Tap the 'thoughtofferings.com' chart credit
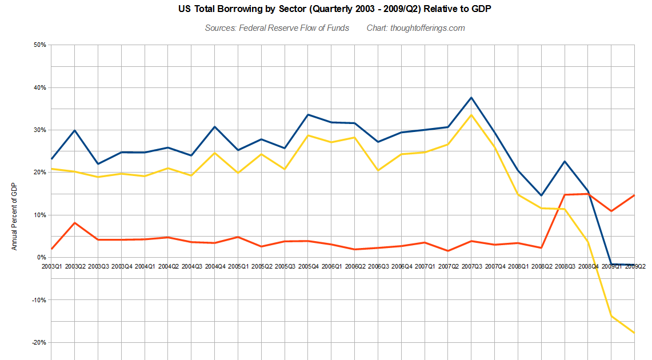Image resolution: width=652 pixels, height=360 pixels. pyautogui.click(x=427, y=28)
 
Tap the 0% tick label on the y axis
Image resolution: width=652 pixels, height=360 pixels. pyautogui.click(x=41, y=257)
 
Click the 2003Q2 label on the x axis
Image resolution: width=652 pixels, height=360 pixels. pyautogui.click(x=75, y=266)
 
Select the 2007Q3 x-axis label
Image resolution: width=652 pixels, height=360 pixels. pyautogui.click(x=471, y=266)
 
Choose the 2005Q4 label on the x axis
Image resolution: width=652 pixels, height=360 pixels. pyautogui.click(x=308, y=266)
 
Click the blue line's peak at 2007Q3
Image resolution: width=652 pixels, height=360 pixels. pyautogui.click(x=471, y=98)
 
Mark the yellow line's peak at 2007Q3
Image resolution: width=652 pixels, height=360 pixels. pyautogui.click(x=471, y=115)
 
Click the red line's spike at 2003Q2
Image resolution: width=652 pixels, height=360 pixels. pyautogui.click(x=75, y=223)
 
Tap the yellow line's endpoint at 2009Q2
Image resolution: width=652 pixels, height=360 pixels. pyautogui.click(x=634, y=333)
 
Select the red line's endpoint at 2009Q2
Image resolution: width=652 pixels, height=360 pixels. pyautogui.click(x=634, y=195)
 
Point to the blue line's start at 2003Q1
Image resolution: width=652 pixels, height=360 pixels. pyautogui.click(x=51, y=159)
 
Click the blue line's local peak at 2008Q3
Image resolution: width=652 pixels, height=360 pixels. pyautogui.click(x=565, y=161)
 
